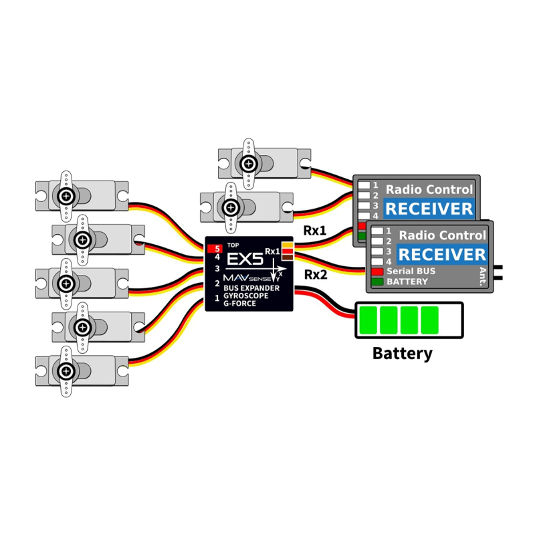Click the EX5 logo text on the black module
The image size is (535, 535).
[x=245, y=259]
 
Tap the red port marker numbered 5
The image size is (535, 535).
[x=215, y=249]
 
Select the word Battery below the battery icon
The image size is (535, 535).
[x=403, y=354]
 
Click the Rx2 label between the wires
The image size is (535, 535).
[x=315, y=274]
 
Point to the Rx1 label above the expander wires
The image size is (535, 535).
[x=314, y=231]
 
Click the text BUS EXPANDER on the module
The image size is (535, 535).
[x=251, y=288]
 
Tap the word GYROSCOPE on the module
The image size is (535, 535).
[x=245, y=296]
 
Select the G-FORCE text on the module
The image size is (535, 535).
[x=239, y=303]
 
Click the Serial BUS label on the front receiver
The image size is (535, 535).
[x=411, y=272]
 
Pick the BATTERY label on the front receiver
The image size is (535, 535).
[x=407, y=282]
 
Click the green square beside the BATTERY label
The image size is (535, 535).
[x=377, y=282]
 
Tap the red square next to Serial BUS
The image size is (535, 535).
[x=377, y=272]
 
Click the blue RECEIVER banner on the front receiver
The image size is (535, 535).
[x=442, y=255]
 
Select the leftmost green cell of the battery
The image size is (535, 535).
[x=368, y=320]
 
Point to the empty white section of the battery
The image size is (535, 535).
[x=449, y=320]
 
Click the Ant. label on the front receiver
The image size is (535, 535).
[x=483, y=276]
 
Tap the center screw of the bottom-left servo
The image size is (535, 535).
[x=66, y=371]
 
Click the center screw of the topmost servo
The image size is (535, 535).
[x=249, y=164]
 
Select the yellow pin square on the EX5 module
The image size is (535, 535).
[x=288, y=245]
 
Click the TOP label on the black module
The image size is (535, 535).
[x=233, y=245]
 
